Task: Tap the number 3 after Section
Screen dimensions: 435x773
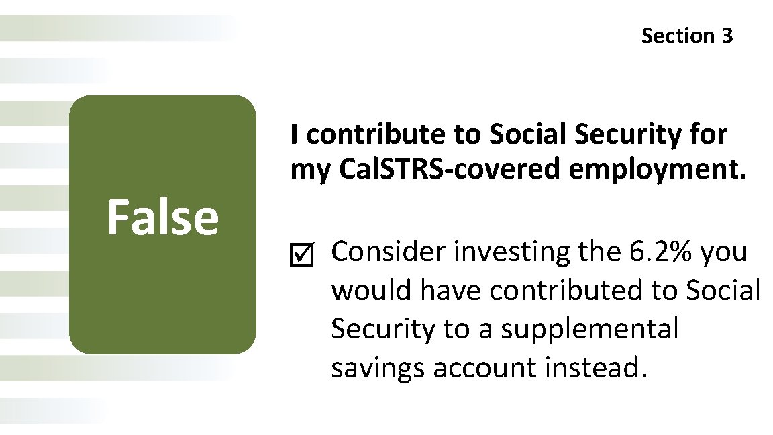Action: tap(727, 36)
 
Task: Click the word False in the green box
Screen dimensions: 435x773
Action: tap(162, 217)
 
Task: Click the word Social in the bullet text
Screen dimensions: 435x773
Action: tap(725, 291)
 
